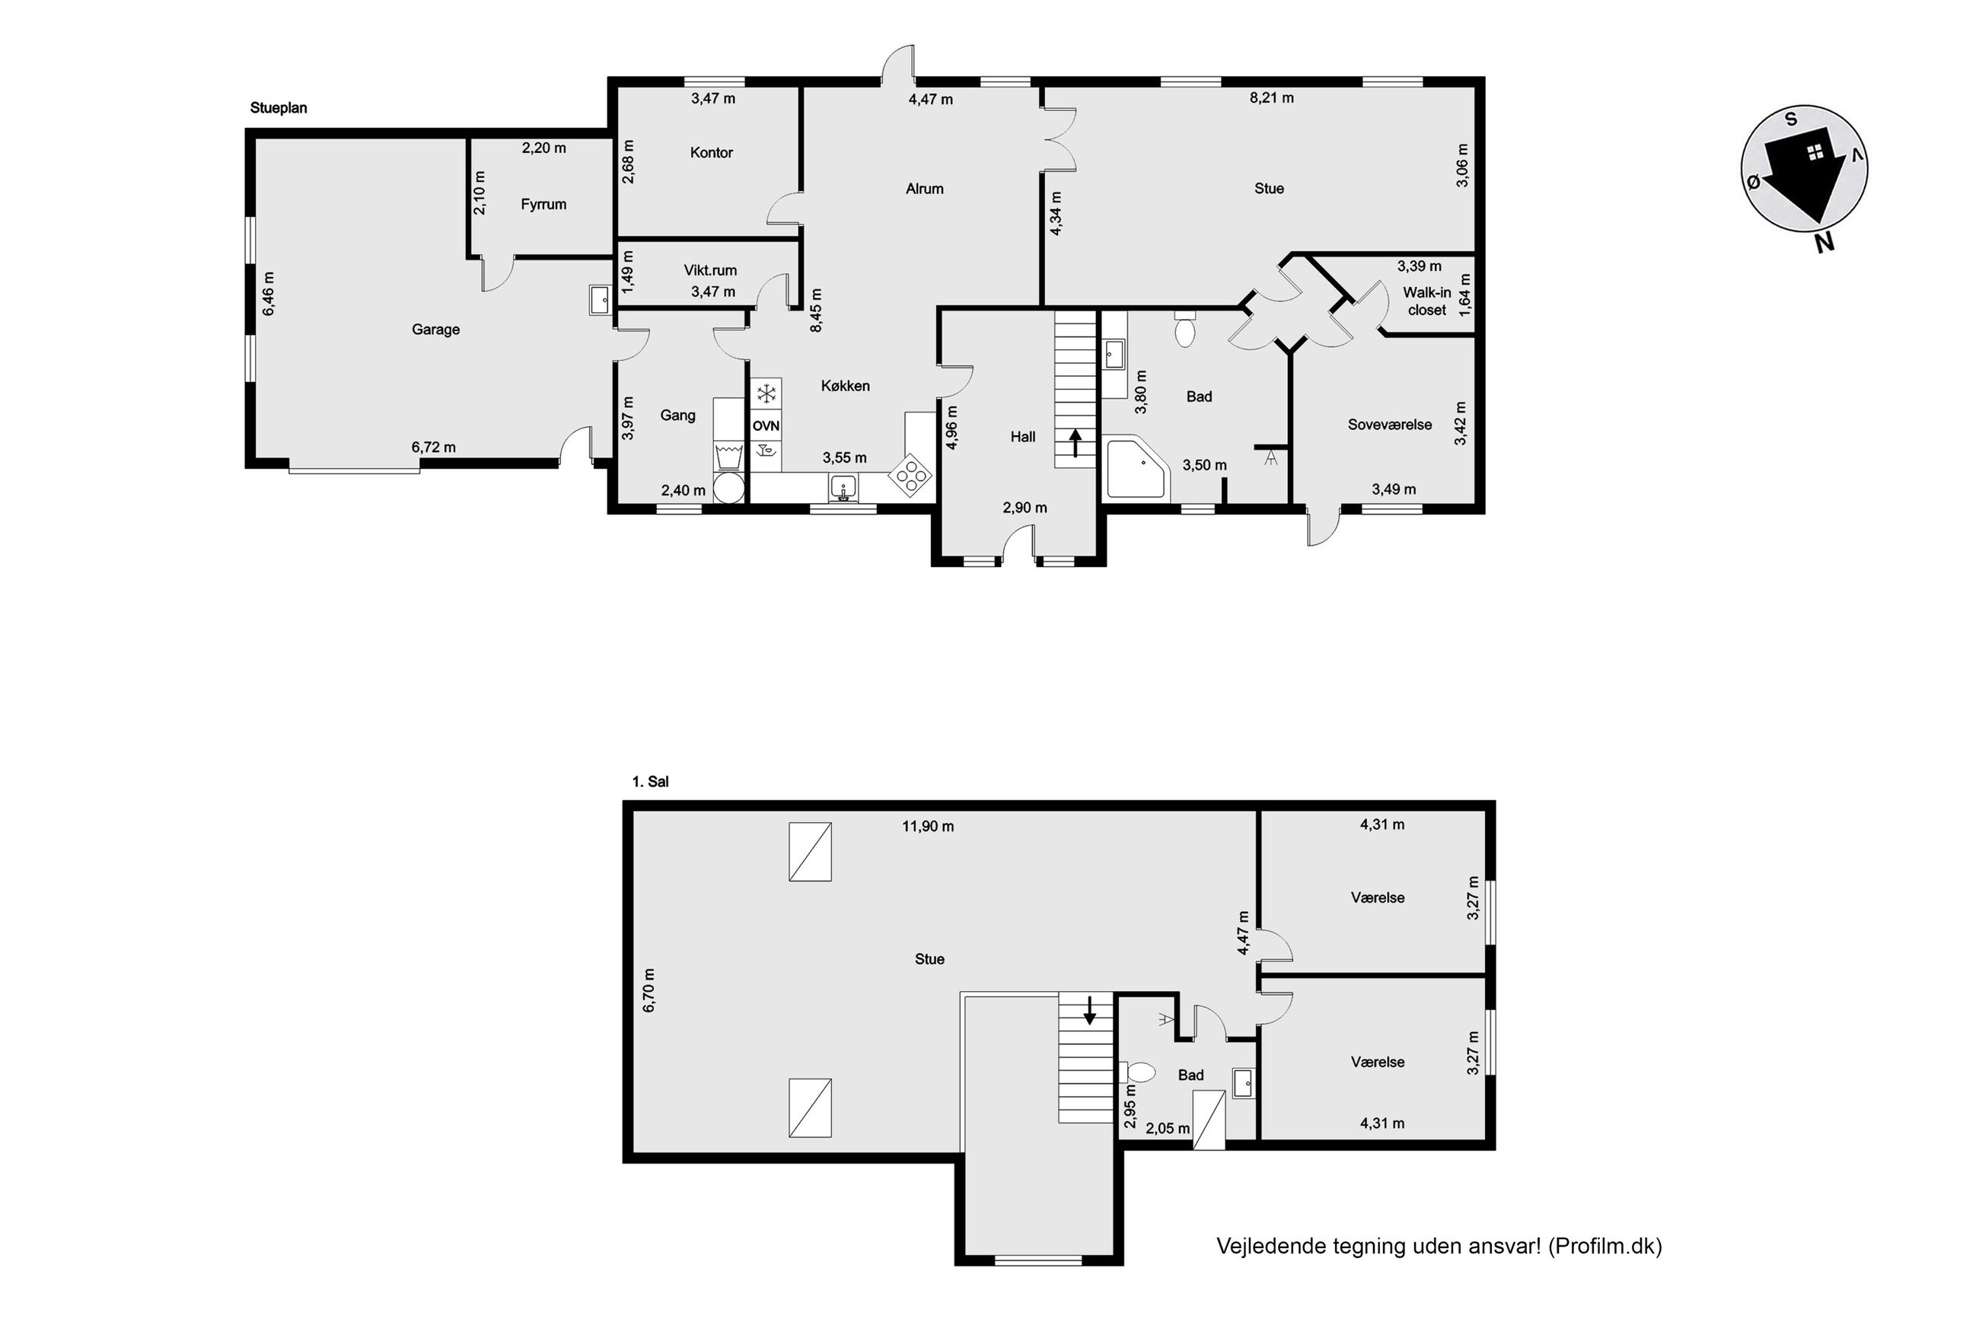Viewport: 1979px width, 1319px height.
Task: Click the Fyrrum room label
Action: (x=543, y=205)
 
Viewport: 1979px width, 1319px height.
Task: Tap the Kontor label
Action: (x=712, y=152)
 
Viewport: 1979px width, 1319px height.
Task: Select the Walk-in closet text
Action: (x=1427, y=301)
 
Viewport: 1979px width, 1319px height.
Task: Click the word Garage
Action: (x=435, y=330)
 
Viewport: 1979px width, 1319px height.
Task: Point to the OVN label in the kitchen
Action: (x=766, y=426)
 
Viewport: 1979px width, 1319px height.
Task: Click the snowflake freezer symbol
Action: (x=766, y=393)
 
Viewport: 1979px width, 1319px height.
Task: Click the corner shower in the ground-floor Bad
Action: (x=1136, y=470)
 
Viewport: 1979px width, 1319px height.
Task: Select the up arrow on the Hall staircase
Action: (x=1075, y=442)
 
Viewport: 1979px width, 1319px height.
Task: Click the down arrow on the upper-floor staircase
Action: (x=1090, y=1009)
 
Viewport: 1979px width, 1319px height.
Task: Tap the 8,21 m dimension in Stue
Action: (x=1272, y=97)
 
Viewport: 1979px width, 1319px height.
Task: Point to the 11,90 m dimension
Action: (x=928, y=826)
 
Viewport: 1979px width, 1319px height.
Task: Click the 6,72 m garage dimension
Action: (x=433, y=448)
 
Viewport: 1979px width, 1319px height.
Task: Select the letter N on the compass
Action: (x=1824, y=243)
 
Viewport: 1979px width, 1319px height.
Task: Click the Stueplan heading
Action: (x=279, y=107)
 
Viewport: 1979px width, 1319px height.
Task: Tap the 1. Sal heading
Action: (x=650, y=782)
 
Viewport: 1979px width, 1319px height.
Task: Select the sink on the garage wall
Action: (x=601, y=299)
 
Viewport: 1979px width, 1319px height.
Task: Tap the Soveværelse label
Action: (x=1389, y=425)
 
